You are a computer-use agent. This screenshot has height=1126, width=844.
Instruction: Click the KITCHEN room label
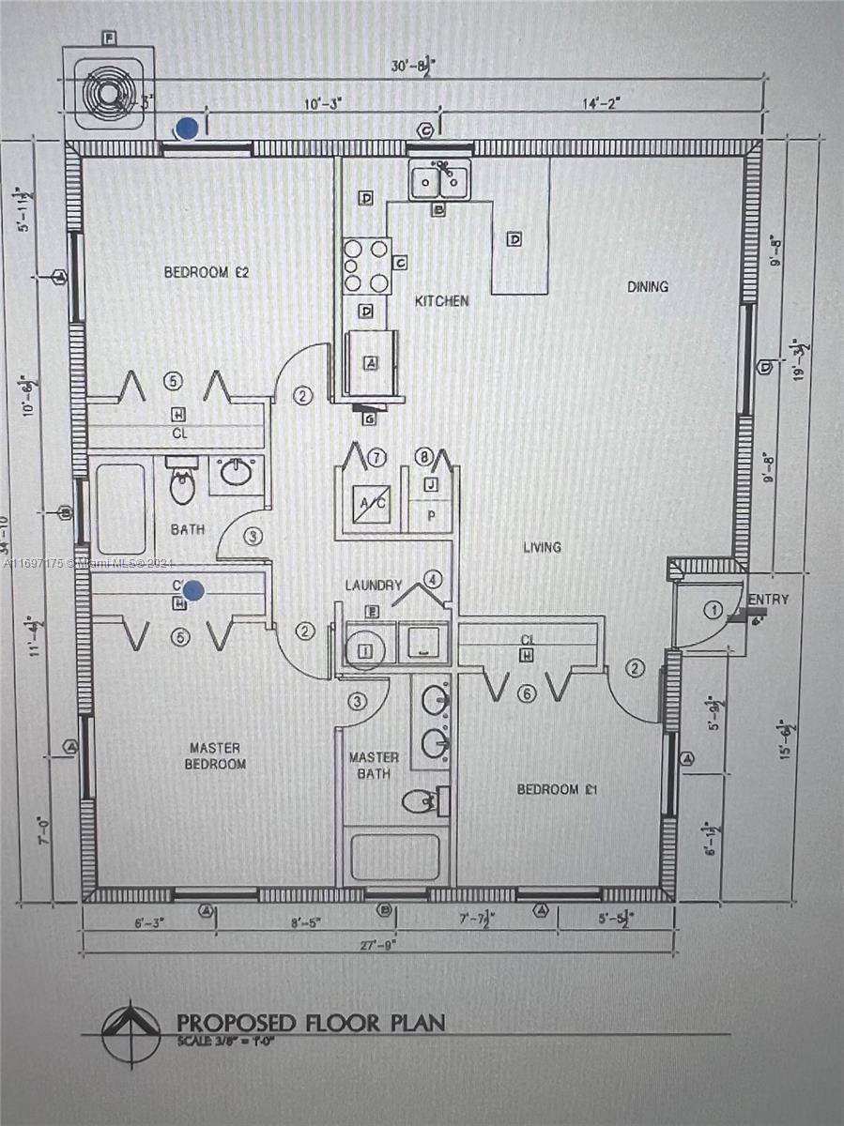[x=441, y=301]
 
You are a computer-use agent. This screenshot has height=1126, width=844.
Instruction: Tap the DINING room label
[x=648, y=287]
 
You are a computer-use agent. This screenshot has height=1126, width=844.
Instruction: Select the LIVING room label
[x=542, y=547]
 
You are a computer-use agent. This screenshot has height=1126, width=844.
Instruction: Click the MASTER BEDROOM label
[x=215, y=755]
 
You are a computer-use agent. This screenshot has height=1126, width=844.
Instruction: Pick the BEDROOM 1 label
[x=559, y=789]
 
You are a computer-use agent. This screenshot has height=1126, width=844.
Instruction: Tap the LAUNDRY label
[x=374, y=585]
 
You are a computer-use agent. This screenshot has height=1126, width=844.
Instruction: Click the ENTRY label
[x=769, y=600]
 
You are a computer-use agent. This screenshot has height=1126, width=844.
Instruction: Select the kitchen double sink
[x=439, y=180]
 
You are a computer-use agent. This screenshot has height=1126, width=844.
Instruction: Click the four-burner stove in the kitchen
[x=367, y=266]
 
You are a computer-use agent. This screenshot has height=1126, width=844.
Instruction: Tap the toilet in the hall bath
[x=182, y=485]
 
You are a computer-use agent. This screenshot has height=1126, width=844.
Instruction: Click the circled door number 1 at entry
[x=713, y=611]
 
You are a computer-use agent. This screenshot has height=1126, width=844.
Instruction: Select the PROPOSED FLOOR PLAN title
[x=310, y=1021]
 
